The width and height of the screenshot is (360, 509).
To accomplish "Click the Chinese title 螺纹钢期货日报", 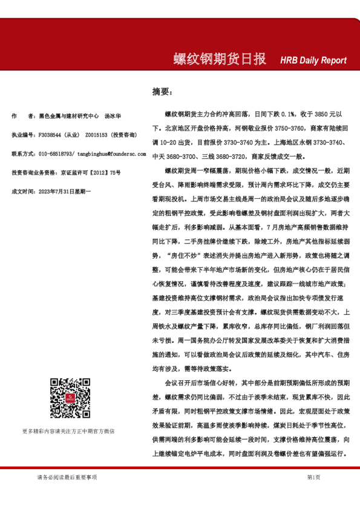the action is click(x=220, y=59).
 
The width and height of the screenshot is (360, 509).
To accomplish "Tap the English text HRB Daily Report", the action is click(x=313, y=60).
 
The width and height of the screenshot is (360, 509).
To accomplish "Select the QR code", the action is click(x=68, y=398).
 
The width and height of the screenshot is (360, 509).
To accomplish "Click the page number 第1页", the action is click(x=313, y=477).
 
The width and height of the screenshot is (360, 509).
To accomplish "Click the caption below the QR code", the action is click(x=68, y=431).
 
